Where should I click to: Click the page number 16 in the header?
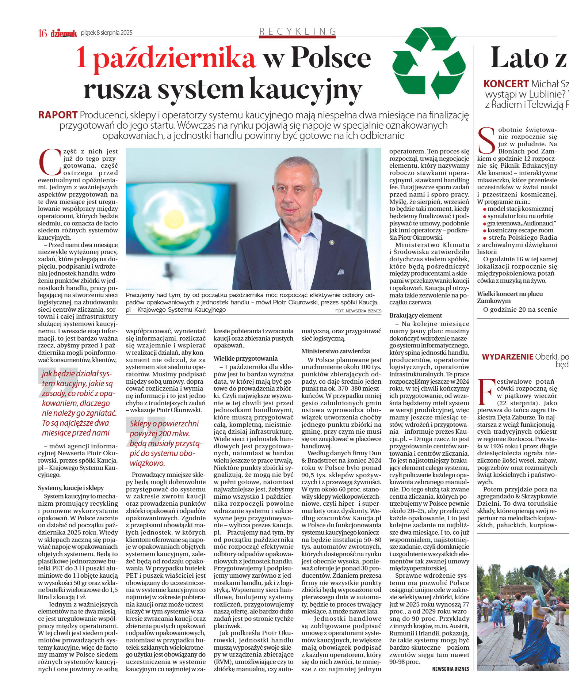[x=42, y=33]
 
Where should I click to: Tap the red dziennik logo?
[x=64, y=33]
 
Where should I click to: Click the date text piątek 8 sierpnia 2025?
[x=107, y=33]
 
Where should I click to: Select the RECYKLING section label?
[x=297, y=31]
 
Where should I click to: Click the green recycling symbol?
[x=429, y=63]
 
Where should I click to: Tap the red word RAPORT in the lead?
[x=58, y=115]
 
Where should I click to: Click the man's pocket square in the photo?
[x=340, y=272]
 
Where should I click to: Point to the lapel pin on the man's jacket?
[x=332, y=242]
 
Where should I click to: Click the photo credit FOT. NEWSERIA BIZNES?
[x=358, y=311]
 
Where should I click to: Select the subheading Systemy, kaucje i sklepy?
[x=71, y=488]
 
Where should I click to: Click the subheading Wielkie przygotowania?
[x=245, y=358]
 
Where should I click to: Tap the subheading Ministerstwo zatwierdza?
[x=336, y=351]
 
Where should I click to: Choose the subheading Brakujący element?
[x=416, y=315]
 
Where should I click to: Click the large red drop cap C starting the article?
[x=49, y=162]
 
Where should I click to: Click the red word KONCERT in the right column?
[x=506, y=84]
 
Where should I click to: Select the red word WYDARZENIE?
[x=508, y=357]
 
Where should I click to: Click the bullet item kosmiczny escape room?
[x=520, y=230]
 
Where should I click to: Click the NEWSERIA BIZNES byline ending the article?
[x=450, y=669]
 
